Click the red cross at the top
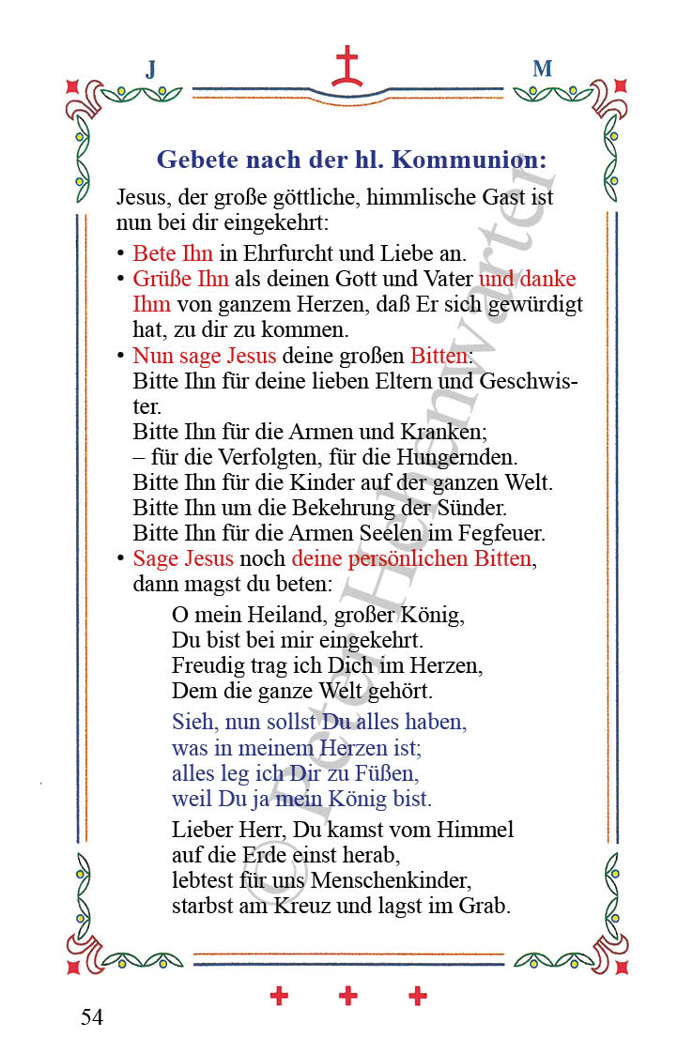tap(346, 67)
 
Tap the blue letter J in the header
tap(150, 69)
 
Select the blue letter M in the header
tap(542, 69)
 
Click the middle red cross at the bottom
tap(348, 996)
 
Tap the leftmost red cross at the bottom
tap(279, 996)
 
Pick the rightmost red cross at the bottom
tap(418, 996)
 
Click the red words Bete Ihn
tap(173, 253)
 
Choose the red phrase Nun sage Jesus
tap(205, 357)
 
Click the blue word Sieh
tap(193, 723)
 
